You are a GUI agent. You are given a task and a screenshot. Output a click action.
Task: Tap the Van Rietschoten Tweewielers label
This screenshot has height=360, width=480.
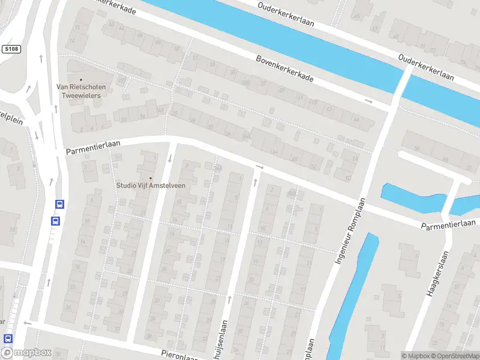81,91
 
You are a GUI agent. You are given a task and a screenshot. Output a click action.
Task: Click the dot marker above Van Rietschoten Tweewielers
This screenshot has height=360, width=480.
81,79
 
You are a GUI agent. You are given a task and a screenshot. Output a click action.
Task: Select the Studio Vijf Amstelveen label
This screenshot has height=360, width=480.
151,185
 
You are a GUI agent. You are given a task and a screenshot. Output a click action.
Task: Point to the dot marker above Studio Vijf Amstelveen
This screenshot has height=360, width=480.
151,177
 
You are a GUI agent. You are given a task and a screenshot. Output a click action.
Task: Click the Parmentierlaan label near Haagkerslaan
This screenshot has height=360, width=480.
448,224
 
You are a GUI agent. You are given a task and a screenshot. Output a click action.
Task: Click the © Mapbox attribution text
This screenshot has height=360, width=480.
416,356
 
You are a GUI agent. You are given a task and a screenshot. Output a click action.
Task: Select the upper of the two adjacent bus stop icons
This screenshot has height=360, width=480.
59,204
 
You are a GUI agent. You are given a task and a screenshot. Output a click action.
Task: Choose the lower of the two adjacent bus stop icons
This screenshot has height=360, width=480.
55,220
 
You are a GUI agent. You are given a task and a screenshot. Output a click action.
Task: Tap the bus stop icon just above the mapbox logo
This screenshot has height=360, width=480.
7,338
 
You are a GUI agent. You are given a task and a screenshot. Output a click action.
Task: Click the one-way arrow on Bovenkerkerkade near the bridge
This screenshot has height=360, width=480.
368,101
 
